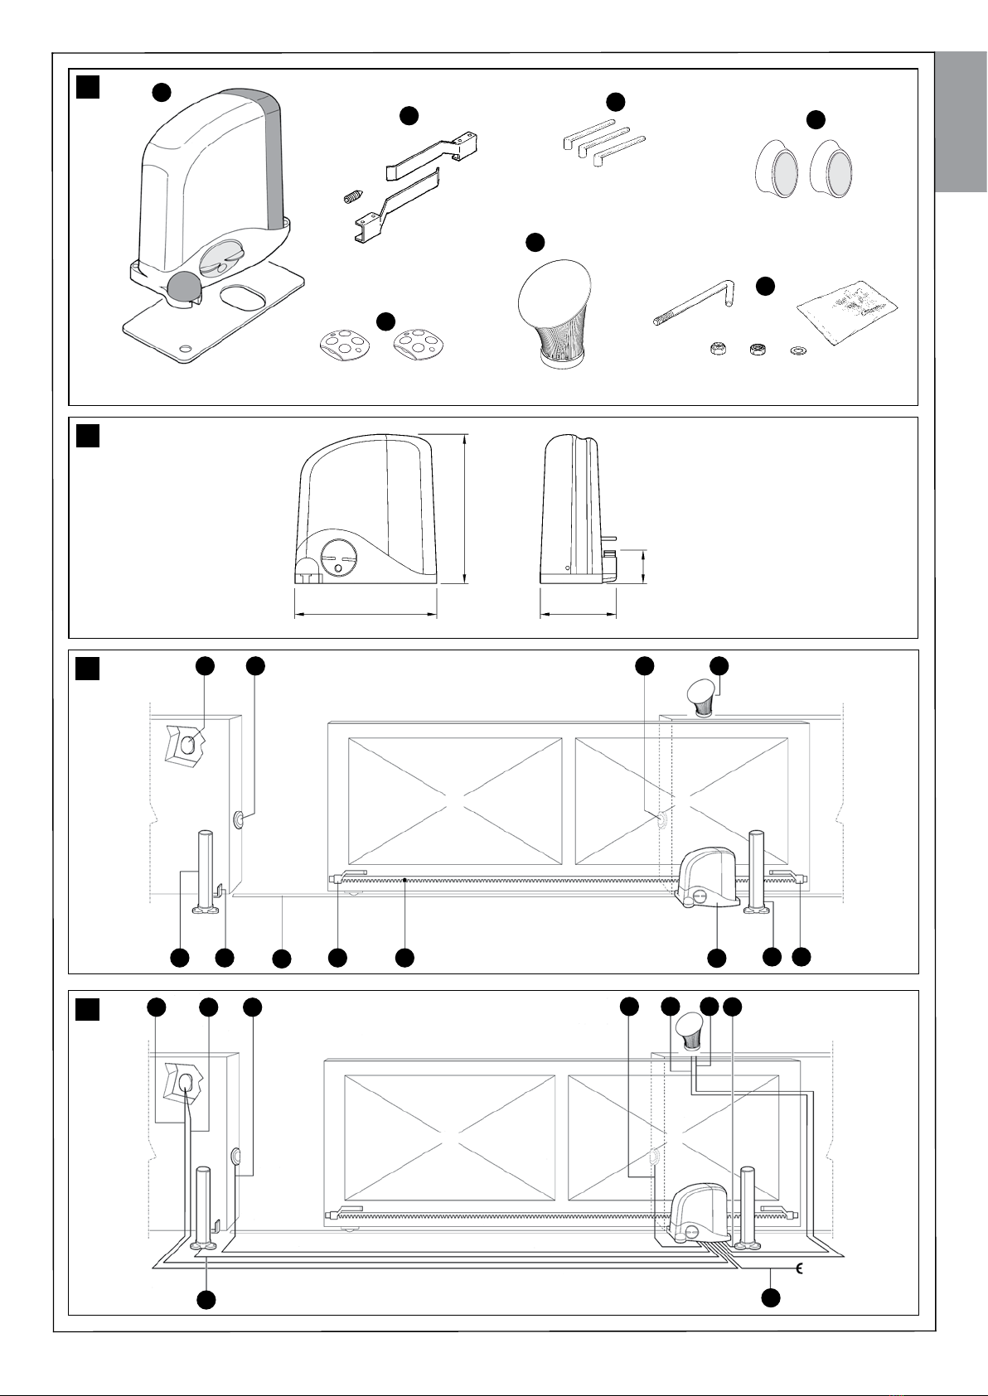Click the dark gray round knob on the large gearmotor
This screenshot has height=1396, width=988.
183,287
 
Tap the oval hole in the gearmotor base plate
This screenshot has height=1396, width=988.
243,298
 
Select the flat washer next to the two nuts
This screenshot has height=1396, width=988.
797,349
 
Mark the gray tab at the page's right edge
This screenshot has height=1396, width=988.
961,123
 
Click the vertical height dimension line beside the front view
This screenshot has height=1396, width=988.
465,509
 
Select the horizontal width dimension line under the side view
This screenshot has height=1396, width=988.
578,615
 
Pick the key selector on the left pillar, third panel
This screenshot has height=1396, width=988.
189,745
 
